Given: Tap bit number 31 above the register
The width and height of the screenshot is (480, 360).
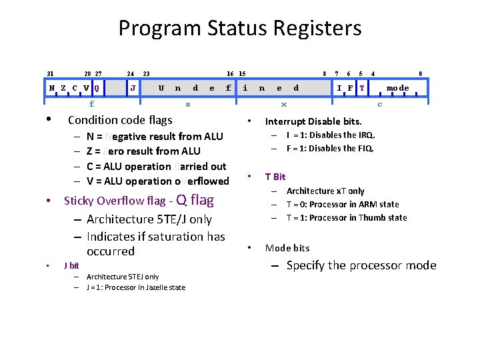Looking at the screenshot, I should (x=50, y=73).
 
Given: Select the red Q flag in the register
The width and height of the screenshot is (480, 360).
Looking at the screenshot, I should (x=97, y=88).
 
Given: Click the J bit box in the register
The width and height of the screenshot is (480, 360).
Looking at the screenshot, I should (x=134, y=88).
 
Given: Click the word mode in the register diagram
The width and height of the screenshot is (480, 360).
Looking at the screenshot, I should (x=398, y=88).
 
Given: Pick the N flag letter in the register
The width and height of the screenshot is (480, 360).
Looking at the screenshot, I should (x=52, y=88).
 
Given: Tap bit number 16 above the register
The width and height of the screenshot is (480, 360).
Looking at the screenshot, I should (x=230, y=73).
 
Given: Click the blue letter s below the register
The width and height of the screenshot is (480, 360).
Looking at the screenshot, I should (x=188, y=104).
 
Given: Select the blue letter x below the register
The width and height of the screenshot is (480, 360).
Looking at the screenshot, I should (x=284, y=104).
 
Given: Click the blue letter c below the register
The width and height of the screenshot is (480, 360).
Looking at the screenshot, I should (x=380, y=104).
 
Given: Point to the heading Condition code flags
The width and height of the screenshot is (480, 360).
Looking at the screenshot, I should (x=120, y=121).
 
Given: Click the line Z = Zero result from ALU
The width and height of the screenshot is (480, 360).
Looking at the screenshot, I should (x=143, y=151).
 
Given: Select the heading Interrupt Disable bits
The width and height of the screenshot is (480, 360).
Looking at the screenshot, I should (x=313, y=122).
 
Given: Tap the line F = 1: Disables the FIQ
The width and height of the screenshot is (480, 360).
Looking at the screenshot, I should (x=331, y=149).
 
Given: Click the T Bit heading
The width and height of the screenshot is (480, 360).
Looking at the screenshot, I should (x=275, y=177).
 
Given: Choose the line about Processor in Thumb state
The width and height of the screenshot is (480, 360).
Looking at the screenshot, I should (x=346, y=218).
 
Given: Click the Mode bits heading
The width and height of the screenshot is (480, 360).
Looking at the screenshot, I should (x=287, y=248).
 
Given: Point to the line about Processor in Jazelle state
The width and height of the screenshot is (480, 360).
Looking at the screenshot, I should (x=136, y=287).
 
